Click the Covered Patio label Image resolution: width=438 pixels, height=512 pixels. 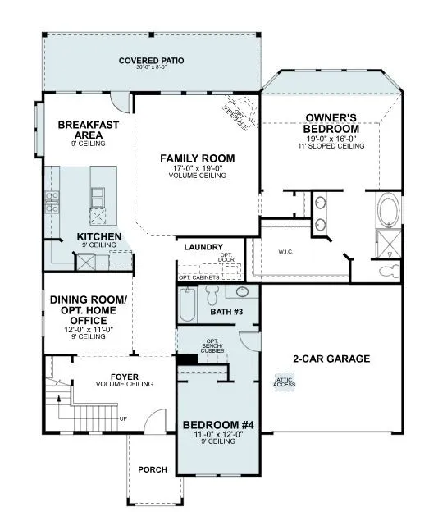click(x=151, y=61)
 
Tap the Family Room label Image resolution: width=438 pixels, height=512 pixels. click(x=197, y=158)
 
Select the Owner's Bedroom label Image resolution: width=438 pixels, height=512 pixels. click(x=331, y=123)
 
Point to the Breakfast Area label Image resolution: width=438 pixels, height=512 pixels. click(x=89, y=130)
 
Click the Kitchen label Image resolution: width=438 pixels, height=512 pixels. click(x=99, y=236)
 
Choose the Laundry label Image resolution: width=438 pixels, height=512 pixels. click(x=204, y=246)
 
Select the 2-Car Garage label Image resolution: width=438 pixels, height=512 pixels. click(x=331, y=359)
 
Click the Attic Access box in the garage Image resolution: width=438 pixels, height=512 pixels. click(x=285, y=382)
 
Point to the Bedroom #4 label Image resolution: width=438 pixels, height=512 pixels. click(x=217, y=424)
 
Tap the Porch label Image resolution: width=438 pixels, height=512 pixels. click(x=153, y=469)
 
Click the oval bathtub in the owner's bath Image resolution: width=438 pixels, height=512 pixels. click(x=387, y=209)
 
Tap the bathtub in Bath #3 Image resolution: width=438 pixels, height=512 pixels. click(x=188, y=305)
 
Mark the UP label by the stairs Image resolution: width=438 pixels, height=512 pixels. click(x=124, y=419)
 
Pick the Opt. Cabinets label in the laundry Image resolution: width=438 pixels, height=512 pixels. click(x=198, y=277)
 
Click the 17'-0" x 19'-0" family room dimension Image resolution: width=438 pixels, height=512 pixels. click(x=197, y=168)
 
